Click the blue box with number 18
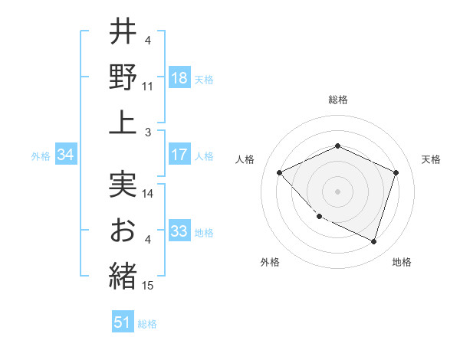(179, 78)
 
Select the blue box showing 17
(179, 155)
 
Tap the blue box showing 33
(179, 231)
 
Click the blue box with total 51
(123, 322)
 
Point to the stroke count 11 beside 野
(148, 87)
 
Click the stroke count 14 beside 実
(149, 195)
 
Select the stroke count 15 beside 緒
(149, 286)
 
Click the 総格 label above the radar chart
(337, 100)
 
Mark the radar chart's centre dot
(337, 191)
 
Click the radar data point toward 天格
(396, 172)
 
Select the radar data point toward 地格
(373, 241)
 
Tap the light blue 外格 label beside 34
(41, 155)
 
